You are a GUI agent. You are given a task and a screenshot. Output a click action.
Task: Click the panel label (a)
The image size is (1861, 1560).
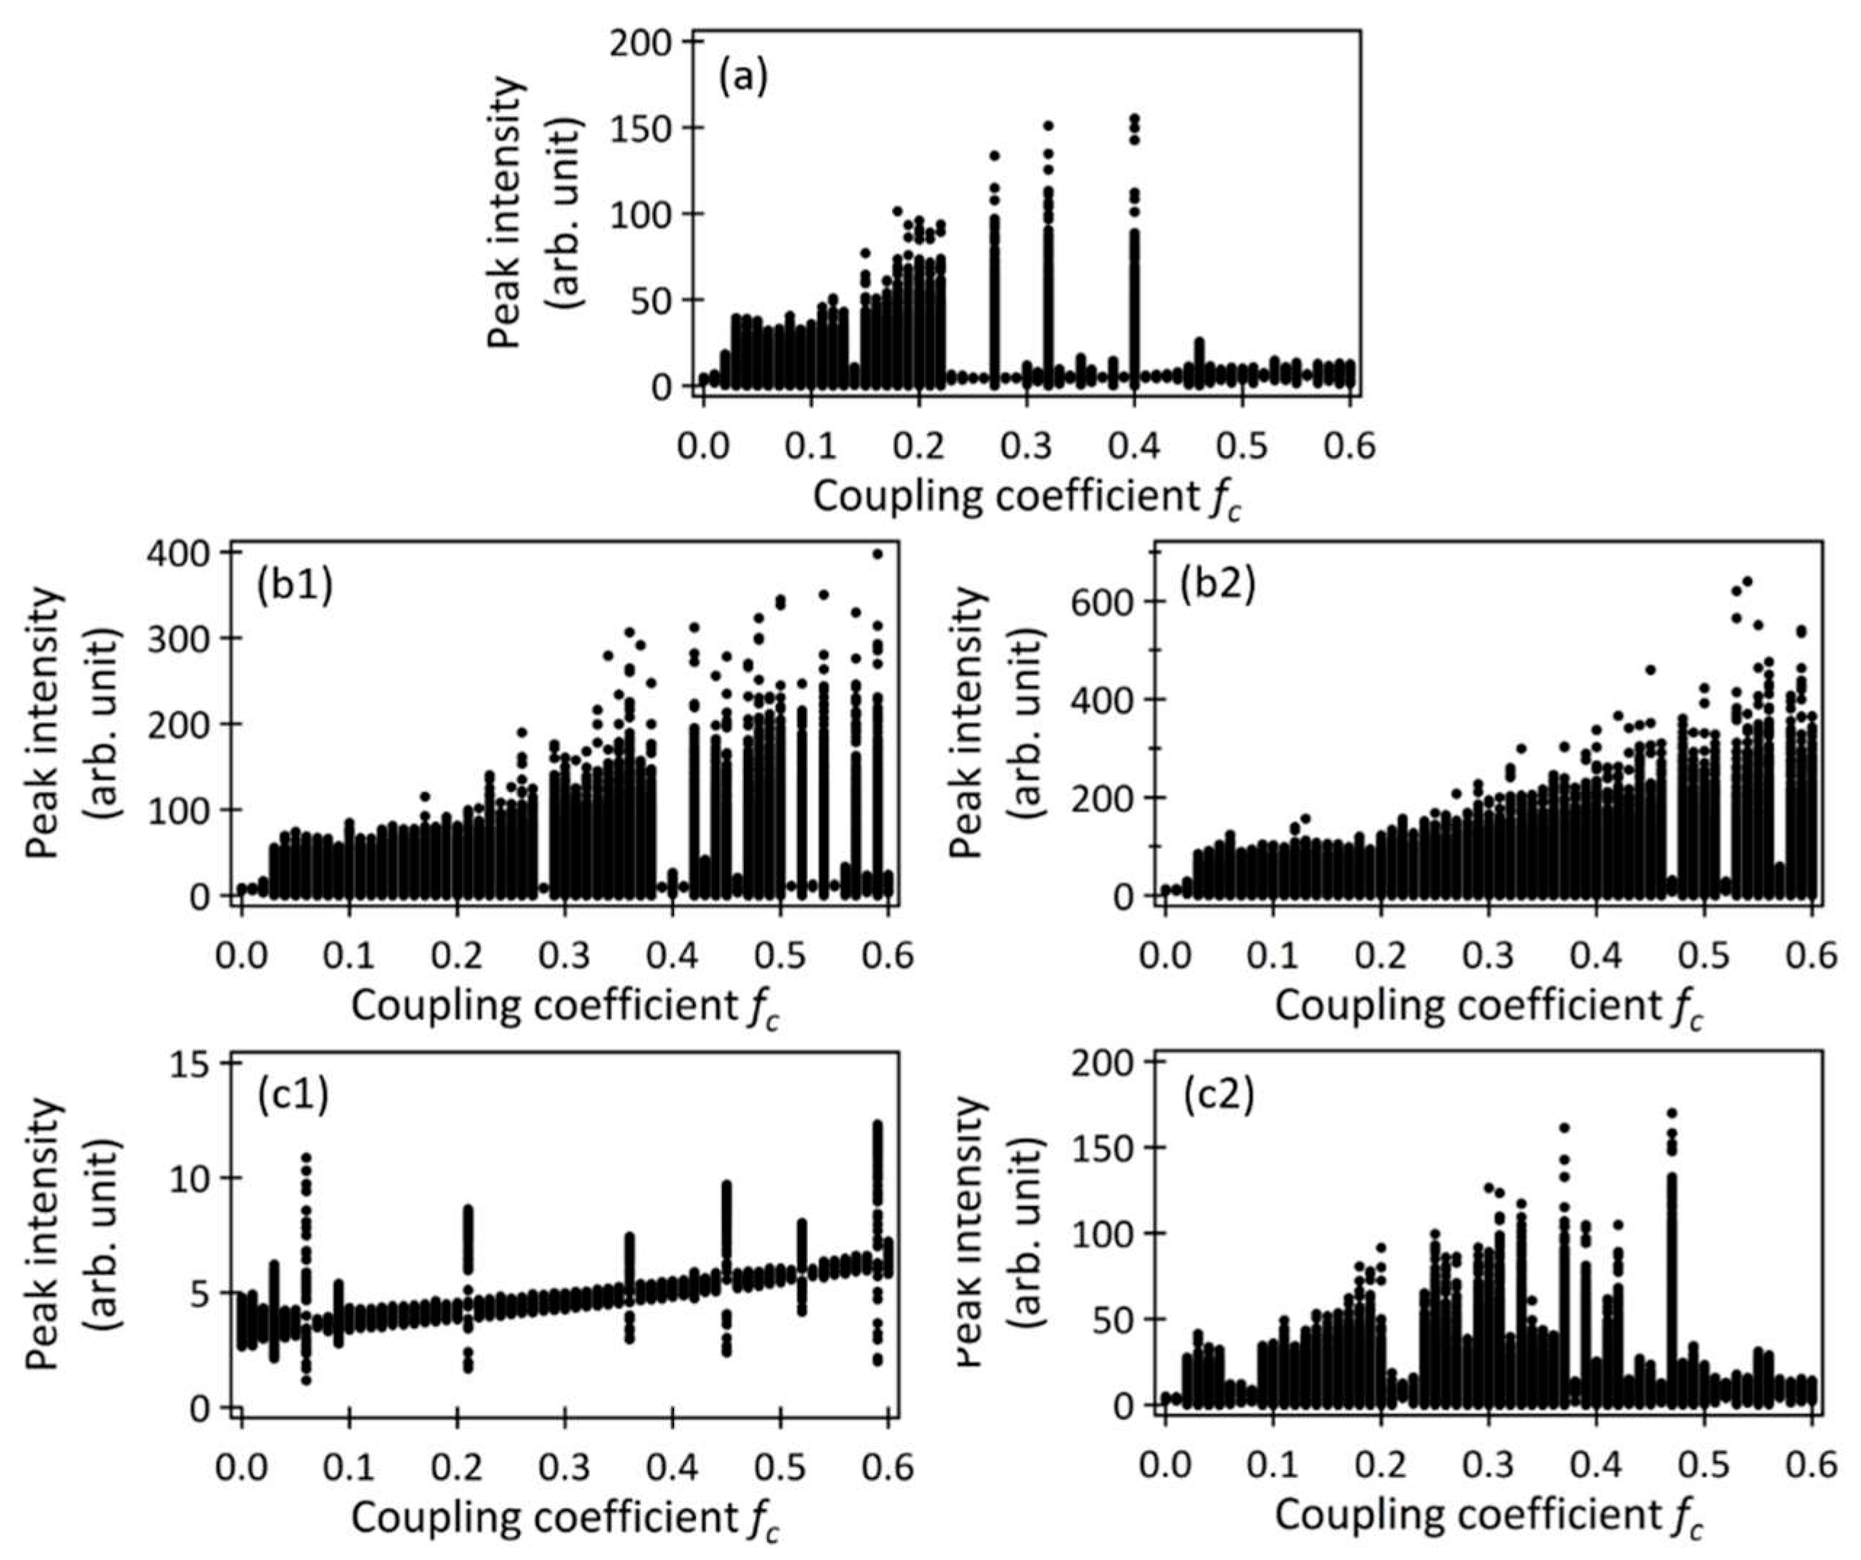[742, 78]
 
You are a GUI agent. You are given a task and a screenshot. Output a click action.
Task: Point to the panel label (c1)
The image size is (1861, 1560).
[293, 1097]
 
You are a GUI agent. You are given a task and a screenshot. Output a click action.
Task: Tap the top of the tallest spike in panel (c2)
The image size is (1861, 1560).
[1671, 1113]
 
